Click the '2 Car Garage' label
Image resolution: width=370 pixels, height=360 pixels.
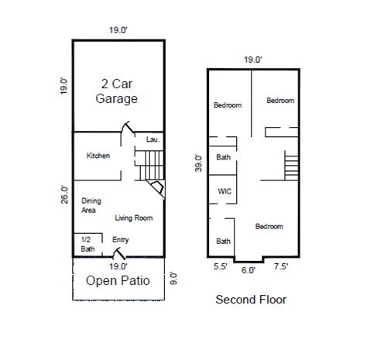117,91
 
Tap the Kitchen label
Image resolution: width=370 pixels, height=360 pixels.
98,156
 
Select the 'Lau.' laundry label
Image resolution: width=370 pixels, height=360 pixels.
153,139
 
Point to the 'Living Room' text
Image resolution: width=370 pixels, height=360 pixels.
134,218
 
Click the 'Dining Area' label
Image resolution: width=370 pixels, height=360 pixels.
91,205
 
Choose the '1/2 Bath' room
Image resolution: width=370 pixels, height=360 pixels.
87,245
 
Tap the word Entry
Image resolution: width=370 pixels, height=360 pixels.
121,240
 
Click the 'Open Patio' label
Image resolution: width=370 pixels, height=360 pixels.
118,281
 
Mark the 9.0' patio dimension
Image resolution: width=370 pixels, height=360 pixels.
174,279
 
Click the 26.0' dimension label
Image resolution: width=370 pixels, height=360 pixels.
64,195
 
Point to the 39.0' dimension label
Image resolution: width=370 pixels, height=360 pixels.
198,163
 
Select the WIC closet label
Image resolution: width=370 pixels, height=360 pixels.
224,191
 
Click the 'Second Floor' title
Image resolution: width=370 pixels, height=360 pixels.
251,300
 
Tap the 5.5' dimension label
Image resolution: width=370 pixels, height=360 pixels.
221,266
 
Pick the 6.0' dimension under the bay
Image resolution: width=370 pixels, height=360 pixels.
248,270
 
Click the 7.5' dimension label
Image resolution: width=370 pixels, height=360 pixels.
281,266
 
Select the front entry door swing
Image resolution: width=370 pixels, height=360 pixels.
119,253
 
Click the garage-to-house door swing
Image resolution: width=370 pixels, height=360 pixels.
128,127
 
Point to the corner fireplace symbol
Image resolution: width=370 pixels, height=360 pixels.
156,189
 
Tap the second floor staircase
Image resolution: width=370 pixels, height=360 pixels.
292,166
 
